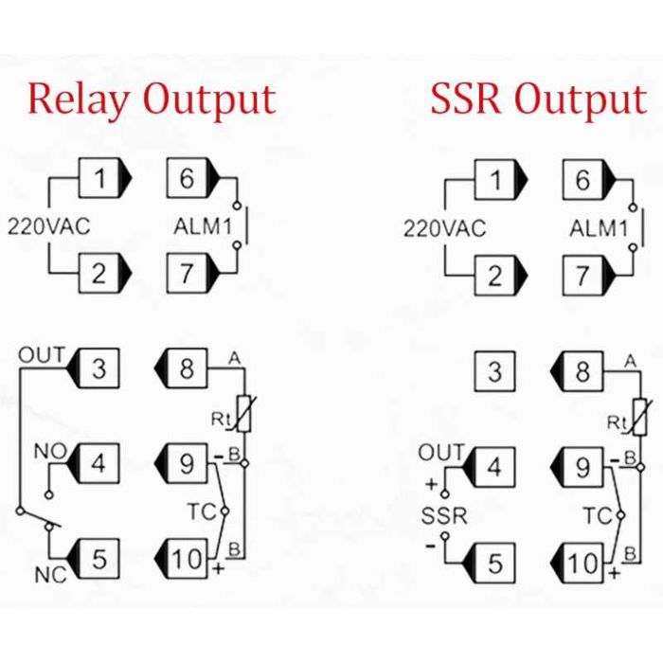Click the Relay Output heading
152,99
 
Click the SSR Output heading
539,99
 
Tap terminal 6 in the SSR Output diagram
589,180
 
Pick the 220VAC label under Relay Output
49,226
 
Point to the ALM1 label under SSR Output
599,228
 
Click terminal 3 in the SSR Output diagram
495,371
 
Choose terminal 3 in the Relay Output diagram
93,368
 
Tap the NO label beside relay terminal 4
50,452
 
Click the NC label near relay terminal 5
51,575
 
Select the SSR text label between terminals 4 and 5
444,516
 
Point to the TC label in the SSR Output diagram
598,515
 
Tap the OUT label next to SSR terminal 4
442,453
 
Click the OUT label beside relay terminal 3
42,355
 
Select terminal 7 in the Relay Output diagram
193,273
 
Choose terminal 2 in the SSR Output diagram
501,276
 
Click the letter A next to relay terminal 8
234,359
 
